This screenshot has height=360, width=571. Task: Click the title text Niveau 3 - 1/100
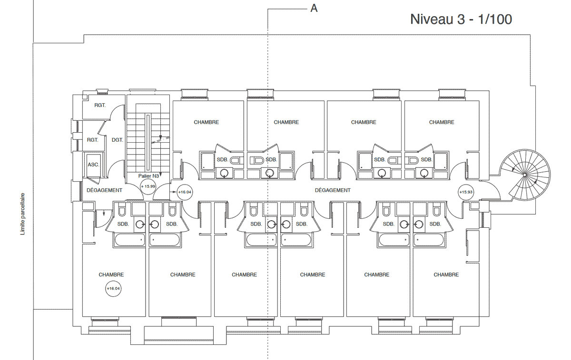(x=461, y=19)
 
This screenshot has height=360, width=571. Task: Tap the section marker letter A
(x=314, y=9)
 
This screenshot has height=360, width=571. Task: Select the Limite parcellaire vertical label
(x=23, y=214)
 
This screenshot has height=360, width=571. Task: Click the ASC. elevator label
(x=93, y=165)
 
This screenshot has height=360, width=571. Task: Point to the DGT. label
(x=117, y=140)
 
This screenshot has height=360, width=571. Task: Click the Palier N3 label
(x=148, y=176)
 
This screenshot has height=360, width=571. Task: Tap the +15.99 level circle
(x=148, y=186)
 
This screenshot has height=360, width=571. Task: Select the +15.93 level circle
(x=466, y=192)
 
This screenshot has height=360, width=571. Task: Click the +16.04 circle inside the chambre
(x=113, y=288)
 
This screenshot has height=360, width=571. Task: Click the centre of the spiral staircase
(x=524, y=175)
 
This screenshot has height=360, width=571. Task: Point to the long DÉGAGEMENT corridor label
(x=333, y=190)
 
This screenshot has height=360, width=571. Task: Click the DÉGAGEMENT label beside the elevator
(x=104, y=190)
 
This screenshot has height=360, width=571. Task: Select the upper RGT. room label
(x=100, y=105)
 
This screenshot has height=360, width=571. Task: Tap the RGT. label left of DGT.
(x=92, y=140)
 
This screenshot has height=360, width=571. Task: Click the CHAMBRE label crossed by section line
(x=286, y=122)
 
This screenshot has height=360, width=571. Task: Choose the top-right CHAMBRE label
(x=442, y=122)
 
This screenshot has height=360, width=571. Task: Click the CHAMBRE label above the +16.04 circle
(x=111, y=275)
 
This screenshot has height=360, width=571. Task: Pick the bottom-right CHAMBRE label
(x=446, y=275)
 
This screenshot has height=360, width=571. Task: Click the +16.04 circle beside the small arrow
(x=185, y=192)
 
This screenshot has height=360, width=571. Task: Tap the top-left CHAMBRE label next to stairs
(x=206, y=122)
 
